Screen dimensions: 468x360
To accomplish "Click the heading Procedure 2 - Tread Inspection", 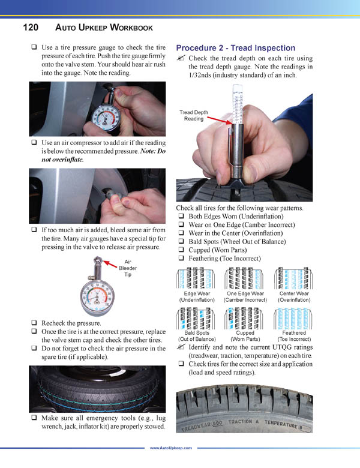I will click(x=235, y=48).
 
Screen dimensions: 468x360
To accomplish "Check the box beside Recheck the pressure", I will click(x=35, y=323).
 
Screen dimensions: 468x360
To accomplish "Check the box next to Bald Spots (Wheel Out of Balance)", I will click(x=181, y=241).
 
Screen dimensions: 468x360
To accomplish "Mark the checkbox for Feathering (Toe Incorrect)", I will click(x=181, y=258).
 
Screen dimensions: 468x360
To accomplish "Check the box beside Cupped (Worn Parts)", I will click(x=181, y=250).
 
